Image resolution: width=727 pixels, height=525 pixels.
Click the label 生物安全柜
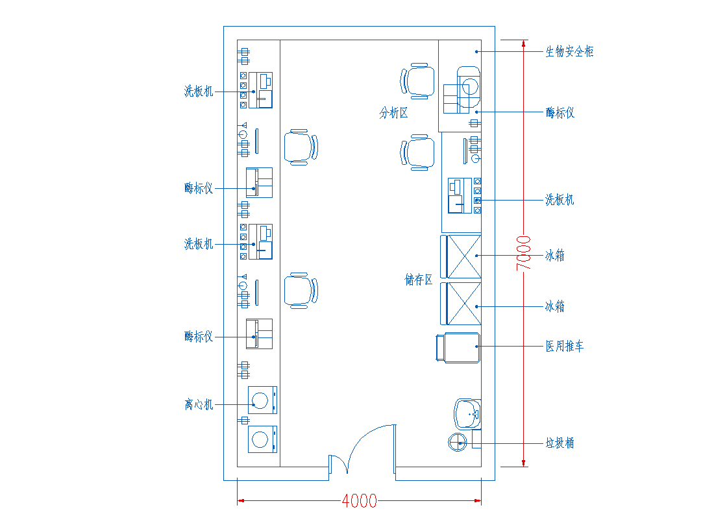coord(569,52)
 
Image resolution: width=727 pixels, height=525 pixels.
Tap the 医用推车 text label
coord(564,347)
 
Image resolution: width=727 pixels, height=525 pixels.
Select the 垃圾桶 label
coord(560,444)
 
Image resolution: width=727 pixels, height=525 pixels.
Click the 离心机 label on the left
coord(199,405)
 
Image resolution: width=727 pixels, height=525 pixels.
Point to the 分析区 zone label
coord(393,114)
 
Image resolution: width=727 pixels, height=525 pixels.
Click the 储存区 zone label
coord(419,280)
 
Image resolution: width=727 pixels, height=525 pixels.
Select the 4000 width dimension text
coord(359,501)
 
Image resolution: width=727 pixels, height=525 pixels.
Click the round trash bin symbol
coord(458,443)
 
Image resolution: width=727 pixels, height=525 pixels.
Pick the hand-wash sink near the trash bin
coord(467,413)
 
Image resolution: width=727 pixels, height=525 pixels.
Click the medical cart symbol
coord(458,347)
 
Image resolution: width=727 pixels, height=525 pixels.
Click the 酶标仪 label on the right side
coord(560,114)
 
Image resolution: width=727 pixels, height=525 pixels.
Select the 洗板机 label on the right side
coord(560,200)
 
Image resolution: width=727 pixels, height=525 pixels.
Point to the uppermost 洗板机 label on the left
coord(199,92)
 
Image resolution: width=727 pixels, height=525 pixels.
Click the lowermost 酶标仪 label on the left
coord(199,337)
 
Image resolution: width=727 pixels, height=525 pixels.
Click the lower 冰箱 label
coord(554,306)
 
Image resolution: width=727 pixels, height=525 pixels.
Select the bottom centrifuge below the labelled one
coord(262,439)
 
